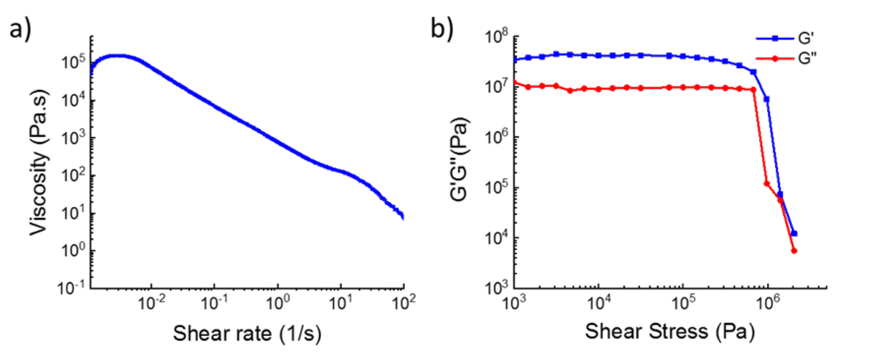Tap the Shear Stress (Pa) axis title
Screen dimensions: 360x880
670,333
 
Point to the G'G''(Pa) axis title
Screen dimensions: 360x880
472,162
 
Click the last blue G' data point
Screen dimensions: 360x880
794,233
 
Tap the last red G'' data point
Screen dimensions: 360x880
794,251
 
